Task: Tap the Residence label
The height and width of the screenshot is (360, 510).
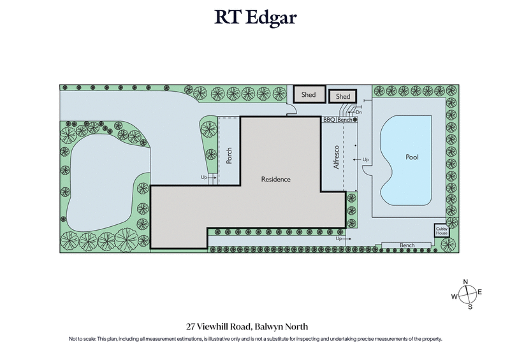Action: click(x=276, y=179)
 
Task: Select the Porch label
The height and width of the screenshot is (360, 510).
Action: click(x=229, y=156)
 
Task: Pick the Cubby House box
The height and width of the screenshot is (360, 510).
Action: click(x=441, y=231)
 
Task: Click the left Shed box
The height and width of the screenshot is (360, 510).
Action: click(x=309, y=95)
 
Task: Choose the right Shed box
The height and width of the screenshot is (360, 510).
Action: click(x=343, y=97)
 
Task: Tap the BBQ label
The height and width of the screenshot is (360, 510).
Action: click(x=329, y=120)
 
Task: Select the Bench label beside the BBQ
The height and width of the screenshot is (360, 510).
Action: click(x=345, y=120)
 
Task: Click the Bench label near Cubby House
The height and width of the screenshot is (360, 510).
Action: click(x=407, y=245)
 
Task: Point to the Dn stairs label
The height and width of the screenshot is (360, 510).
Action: click(x=358, y=112)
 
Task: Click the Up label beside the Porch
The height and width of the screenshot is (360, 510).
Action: click(x=204, y=177)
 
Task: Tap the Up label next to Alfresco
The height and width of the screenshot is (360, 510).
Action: click(x=366, y=159)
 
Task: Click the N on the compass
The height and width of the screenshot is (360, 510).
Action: click(x=466, y=282)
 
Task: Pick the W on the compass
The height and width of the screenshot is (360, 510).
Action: click(x=454, y=296)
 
